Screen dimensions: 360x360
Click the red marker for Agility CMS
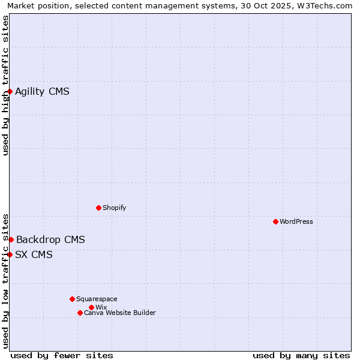click(x=10, y=91)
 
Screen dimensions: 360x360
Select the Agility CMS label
click(x=42, y=92)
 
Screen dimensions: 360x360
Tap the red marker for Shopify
click(x=98, y=208)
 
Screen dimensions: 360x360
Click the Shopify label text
click(x=114, y=208)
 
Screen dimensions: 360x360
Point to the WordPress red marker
click(x=275, y=221)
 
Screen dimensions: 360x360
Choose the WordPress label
click(x=296, y=222)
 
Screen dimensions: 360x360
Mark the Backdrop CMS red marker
click(x=11, y=239)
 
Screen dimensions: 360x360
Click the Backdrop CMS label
click(x=50, y=240)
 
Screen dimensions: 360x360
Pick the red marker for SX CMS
click(x=10, y=254)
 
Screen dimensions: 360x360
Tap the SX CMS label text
click(x=34, y=255)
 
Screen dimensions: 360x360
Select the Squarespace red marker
click(x=72, y=299)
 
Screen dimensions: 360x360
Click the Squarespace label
click(x=97, y=299)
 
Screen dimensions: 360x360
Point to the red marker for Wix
click(x=91, y=307)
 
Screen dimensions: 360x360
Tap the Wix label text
click(x=101, y=308)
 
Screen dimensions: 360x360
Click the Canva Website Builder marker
click(x=80, y=313)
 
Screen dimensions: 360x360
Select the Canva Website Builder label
click(x=119, y=313)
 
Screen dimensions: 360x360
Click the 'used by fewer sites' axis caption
click(x=62, y=355)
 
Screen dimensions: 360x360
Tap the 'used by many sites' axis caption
click(x=301, y=355)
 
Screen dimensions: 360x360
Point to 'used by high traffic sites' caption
click(x=6, y=85)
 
